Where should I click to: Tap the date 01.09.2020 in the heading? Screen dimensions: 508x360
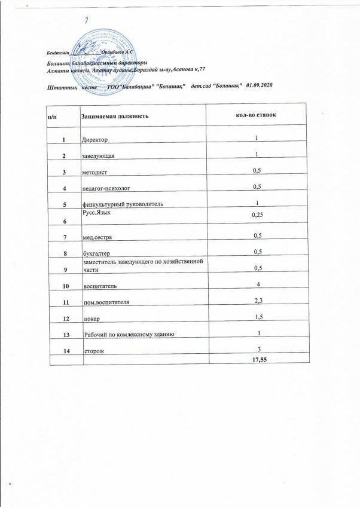259,87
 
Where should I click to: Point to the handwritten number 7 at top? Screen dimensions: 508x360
87,20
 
